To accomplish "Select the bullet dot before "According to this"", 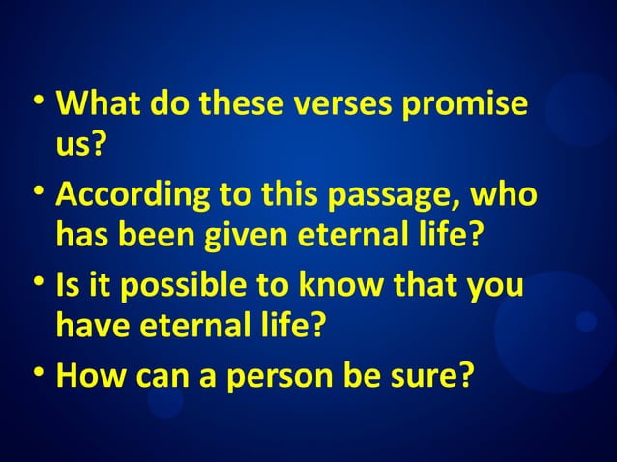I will tap(37, 195).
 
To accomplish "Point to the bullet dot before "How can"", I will tap(37, 374).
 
